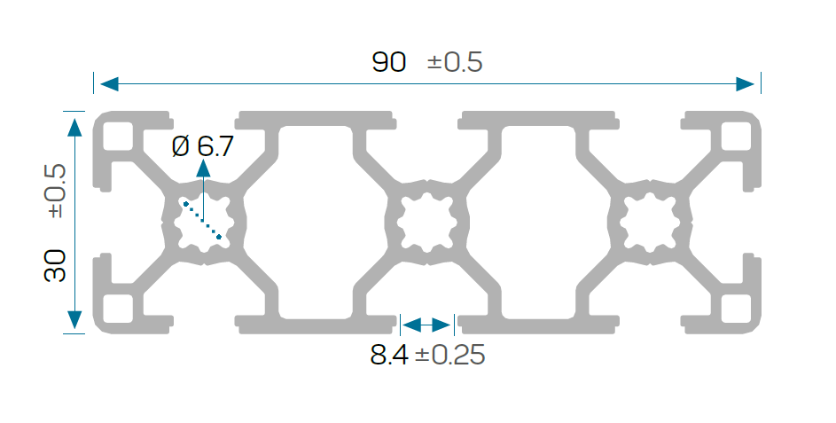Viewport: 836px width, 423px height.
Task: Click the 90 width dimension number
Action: click(389, 62)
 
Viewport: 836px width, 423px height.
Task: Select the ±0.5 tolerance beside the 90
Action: click(455, 62)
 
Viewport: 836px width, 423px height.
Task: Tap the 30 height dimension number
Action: click(55, 265)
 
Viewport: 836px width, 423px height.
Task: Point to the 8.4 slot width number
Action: click(388, 356)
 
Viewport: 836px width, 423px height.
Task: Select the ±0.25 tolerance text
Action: click(450, 356)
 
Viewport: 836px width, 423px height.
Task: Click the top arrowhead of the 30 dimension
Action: click(74, 125)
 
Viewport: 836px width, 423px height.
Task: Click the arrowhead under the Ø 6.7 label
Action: click(203, 168)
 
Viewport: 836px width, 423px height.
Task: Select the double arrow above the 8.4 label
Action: click(427, 324)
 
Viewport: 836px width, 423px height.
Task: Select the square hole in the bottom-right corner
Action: click(736, 308)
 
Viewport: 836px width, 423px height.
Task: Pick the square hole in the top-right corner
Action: click(736, 136)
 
